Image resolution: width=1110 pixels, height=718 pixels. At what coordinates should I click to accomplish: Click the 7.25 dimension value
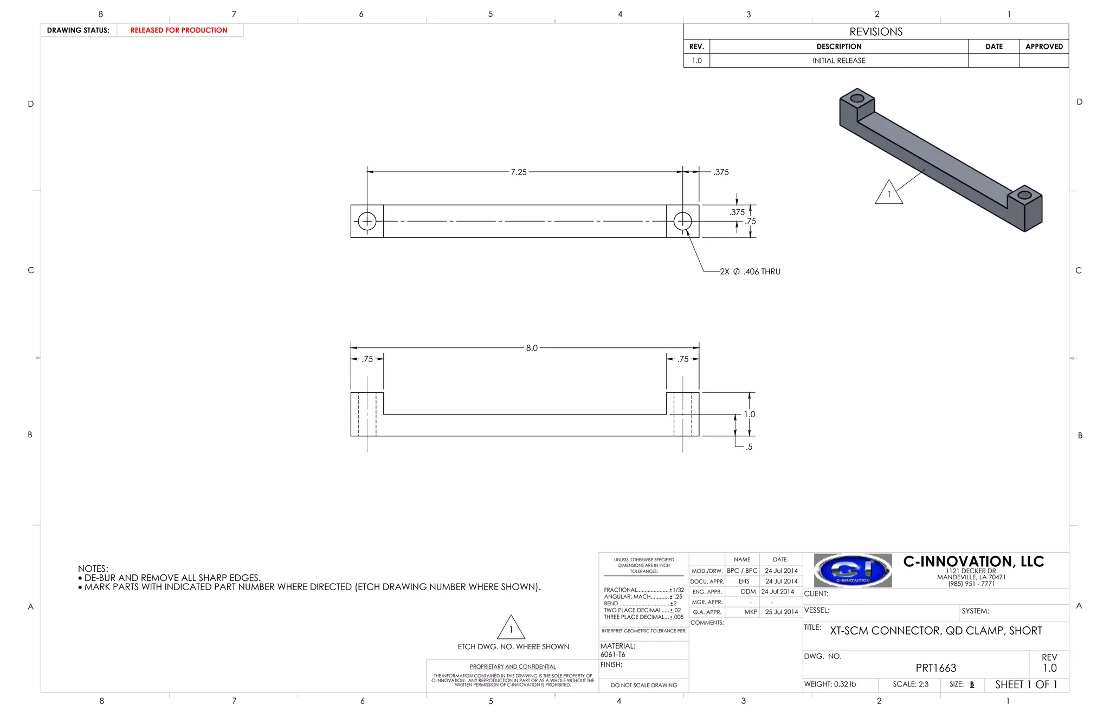[x=518, y=172]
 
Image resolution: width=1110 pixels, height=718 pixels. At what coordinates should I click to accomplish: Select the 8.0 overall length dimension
[x=531, y=348]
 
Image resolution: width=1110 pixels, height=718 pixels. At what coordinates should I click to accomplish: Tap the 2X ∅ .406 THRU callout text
[x=750, y=271]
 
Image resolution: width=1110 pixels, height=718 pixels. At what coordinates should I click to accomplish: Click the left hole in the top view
[x=367, y=221]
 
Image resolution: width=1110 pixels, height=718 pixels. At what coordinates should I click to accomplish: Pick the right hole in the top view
[x=682, y=221]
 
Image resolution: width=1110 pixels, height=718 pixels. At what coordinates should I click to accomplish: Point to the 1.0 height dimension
[x=749, y=414]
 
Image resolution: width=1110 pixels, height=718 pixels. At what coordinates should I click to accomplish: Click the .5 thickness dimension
[x=748, y=447]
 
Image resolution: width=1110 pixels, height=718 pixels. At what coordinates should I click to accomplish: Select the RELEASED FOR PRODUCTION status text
[x=179, y=30]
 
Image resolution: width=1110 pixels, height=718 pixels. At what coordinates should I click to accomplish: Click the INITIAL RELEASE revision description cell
[x=838, y=61]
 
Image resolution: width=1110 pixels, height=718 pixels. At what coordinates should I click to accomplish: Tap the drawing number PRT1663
[x=935, y=668]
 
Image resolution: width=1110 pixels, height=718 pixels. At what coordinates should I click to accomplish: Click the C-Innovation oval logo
[x=853, y=570]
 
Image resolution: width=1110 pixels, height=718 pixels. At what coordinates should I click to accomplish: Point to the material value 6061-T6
[x=612, y=654]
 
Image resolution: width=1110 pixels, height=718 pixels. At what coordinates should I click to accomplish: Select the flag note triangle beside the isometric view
[x=888, y=193]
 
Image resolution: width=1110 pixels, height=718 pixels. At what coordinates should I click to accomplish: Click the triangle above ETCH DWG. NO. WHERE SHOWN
[x=511, y=629]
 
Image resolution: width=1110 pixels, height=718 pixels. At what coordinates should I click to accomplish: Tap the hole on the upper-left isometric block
[x=857, y=99]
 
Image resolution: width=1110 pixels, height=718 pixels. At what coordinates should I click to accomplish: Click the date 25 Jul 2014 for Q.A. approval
[x=781, y=612]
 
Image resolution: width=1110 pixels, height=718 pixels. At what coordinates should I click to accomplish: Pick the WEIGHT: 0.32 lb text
[x=830, y=684]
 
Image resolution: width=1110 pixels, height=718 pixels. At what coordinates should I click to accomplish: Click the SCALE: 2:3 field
[x=911, y=684]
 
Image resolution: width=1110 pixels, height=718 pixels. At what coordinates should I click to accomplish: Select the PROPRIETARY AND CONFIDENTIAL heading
[x=512, y=667]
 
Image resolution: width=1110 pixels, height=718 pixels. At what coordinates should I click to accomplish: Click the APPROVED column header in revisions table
[x=1044, y=47]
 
